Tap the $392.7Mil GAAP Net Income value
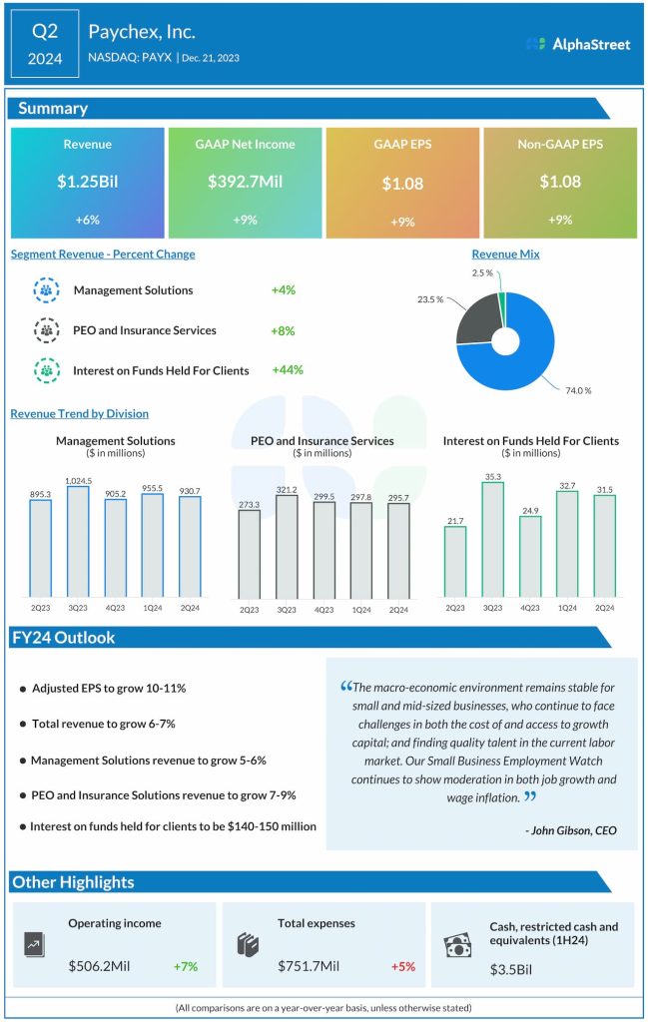246,182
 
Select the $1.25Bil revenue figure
87,182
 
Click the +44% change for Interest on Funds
287,370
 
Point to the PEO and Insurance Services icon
47,330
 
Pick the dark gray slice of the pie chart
477,329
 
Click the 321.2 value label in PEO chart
286,490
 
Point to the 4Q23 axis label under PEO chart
323,610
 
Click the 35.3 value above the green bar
492,477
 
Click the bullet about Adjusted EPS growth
109,689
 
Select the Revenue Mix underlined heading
505,255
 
